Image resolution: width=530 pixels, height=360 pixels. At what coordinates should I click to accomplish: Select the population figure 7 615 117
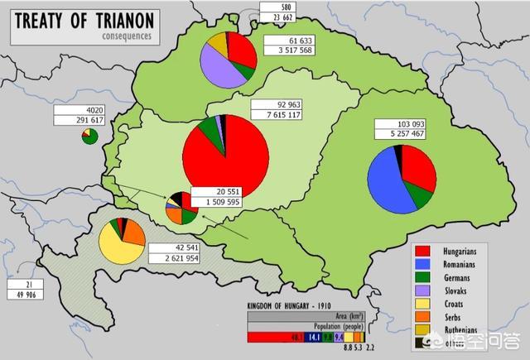pyautogui.click(x=277, y=118)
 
